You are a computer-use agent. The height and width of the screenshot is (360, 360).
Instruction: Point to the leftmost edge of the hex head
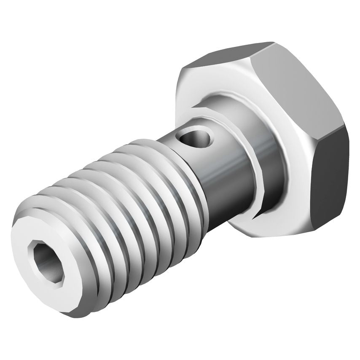tap(176, 97)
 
